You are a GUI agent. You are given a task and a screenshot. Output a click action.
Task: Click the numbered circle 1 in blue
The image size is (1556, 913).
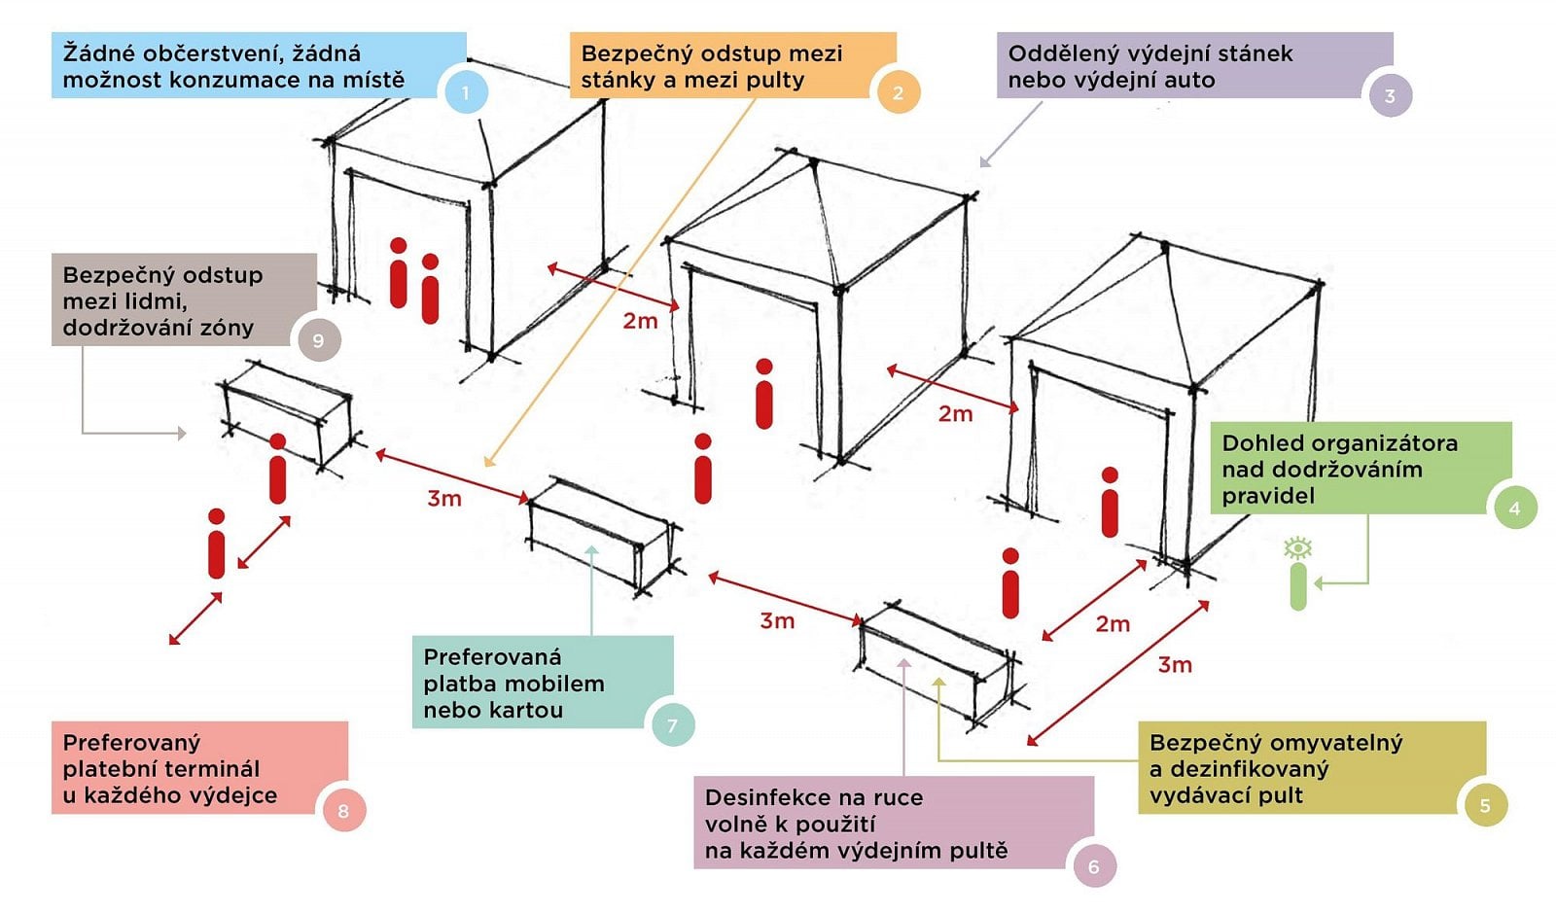pos(465,93)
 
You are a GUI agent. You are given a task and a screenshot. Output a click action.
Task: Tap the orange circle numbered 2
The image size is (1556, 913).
pos(898,93)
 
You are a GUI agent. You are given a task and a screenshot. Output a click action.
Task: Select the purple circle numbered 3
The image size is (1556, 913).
pos(1390,96)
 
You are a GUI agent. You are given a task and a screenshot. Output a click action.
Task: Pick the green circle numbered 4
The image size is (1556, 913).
pos(1514,508)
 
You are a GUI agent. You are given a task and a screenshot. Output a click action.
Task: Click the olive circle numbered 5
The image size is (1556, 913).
pos(1485,806)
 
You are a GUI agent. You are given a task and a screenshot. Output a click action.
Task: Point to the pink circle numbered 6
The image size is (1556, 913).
pos(1093,866)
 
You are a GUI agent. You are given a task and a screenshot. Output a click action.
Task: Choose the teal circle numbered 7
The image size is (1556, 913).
pos(672,725)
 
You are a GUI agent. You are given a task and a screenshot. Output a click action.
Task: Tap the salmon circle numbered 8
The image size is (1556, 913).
pos(343,811)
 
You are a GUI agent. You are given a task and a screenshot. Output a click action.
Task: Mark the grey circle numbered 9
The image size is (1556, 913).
pos(318,340)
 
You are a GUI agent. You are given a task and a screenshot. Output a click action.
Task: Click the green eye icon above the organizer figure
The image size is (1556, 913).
pos(1297,548)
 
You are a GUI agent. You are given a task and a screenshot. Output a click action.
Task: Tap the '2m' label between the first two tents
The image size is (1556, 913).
pos(640,321)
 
